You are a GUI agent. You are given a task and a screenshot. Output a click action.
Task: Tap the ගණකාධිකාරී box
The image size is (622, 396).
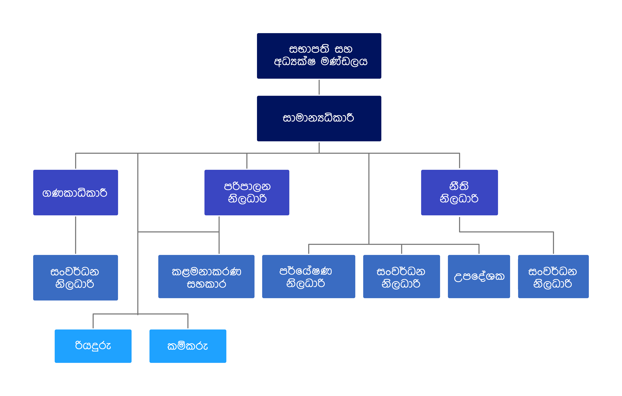tap(75, 193)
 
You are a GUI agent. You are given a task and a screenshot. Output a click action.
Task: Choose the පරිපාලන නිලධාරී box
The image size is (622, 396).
tap(247, 193)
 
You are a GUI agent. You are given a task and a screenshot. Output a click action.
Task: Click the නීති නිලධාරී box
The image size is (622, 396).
tap(459, 193)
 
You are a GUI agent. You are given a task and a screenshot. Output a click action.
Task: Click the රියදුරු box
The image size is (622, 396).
tap(93, 346)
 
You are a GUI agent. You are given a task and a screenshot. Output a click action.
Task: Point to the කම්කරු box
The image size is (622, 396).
tap(188, 346)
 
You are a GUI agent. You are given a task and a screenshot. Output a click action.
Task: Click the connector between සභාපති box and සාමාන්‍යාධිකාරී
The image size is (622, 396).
tap(319, 87)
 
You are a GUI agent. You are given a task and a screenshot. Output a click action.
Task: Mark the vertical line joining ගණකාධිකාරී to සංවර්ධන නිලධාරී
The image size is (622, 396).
tap(75, 235)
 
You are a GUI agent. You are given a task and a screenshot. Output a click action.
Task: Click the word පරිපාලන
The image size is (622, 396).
tap(247, 186)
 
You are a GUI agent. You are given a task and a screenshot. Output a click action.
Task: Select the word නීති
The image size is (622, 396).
tap(459, 186)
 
